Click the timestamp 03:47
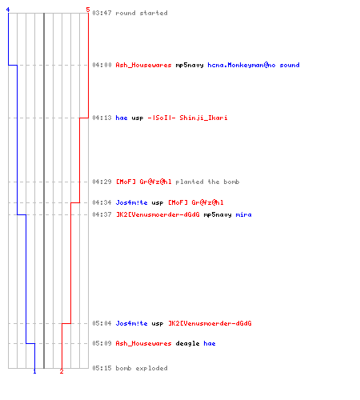pos(102,13)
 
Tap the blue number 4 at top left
pos(8,10)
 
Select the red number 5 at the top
pos(88,10)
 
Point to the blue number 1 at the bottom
pos(34,371)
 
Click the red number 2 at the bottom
pos(62,371)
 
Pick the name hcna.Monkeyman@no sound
pos(254,65)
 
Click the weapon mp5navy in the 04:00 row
pos(190,66)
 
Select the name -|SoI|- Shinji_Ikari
pos(187,118)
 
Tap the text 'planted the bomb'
pos(207,182)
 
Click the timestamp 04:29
pos(102,182)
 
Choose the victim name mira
pos(243,214)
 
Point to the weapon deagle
pos(187,343)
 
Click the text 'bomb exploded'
pos(142,368)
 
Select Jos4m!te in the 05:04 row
pos(131,323)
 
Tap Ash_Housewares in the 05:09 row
pos(143,343)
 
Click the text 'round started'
pos(142,13)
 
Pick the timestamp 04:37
pos(102,214)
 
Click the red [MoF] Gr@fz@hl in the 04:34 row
pos(196,202)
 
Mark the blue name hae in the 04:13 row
pos(122,118)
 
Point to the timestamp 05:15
pos(102,368)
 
